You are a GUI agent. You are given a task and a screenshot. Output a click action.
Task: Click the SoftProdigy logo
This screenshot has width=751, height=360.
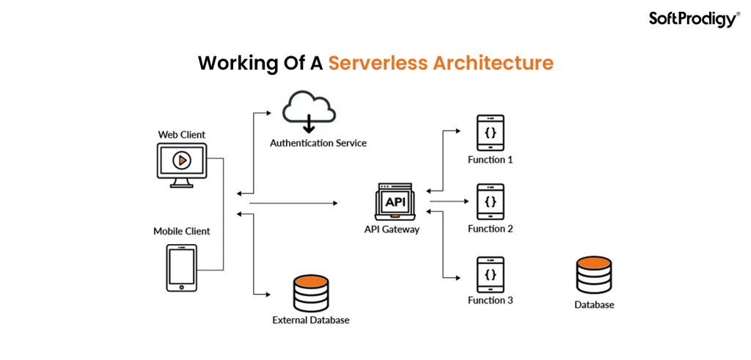coord(694,19)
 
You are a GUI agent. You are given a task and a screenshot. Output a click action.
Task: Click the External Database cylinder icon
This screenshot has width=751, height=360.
coord(310,293)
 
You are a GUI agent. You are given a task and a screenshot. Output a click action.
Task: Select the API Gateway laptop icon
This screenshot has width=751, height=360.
coord(394,202)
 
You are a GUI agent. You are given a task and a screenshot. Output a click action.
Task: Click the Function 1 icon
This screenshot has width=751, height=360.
coord(491,133)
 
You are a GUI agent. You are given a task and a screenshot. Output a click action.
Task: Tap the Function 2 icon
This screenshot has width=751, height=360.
coord(491,202)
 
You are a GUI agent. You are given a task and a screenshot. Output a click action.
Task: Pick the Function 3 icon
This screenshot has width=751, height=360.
coord(491,274)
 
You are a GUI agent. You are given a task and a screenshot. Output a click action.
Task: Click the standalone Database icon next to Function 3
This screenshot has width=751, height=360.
coord(593,275)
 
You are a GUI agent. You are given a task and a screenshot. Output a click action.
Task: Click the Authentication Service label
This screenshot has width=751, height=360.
coord(318,143)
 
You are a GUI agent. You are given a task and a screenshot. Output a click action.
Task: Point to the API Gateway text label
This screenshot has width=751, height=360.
coord(392,229)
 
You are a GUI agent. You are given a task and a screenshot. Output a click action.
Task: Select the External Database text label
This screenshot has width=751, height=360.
coord(311,320)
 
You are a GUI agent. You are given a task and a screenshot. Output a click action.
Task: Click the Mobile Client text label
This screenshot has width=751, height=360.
coord(182,231)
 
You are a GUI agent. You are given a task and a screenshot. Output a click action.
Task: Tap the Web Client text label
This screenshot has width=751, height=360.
coord(182,135)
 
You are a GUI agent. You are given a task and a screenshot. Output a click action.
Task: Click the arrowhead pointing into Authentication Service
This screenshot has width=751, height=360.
coord(277,114)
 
